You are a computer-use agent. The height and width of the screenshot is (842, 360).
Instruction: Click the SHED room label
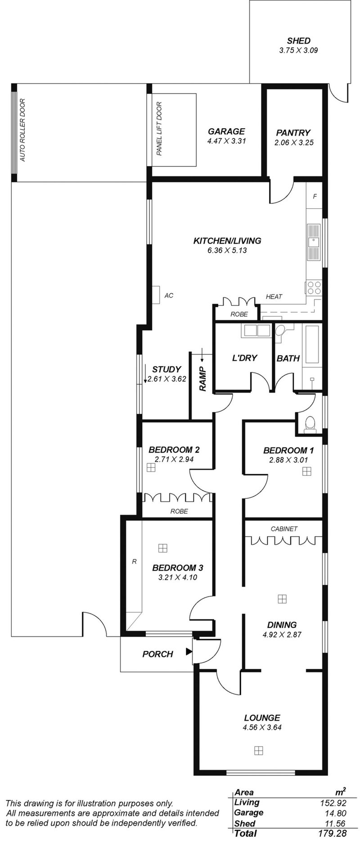pos(298,40)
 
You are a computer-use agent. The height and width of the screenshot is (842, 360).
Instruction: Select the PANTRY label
pos(293,133)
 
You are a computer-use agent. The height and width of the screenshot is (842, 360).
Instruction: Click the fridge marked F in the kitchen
pos(315,197)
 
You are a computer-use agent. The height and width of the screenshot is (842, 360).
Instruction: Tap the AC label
pos(169,296)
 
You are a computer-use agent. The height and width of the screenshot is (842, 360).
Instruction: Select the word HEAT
pos(274,296)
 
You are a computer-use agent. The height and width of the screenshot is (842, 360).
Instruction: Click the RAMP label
pos(203,379)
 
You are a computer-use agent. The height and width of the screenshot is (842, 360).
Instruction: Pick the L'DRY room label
pos(244,358)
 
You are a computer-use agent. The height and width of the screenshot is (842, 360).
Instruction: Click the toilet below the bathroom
pos(310,424)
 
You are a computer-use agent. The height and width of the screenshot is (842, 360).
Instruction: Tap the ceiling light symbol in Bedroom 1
pos(306,471)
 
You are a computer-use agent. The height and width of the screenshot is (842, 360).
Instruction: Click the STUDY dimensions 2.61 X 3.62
pos(167,379)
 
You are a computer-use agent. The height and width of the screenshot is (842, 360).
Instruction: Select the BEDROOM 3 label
pos(174,568)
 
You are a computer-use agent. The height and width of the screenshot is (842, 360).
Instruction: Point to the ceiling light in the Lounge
pos(258,750)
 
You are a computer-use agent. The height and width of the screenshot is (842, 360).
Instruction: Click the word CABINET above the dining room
pos(284,529)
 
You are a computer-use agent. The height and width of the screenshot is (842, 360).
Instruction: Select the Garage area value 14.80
pos(334,812)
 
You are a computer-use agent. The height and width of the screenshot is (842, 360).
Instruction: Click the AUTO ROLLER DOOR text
pos(22,130)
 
